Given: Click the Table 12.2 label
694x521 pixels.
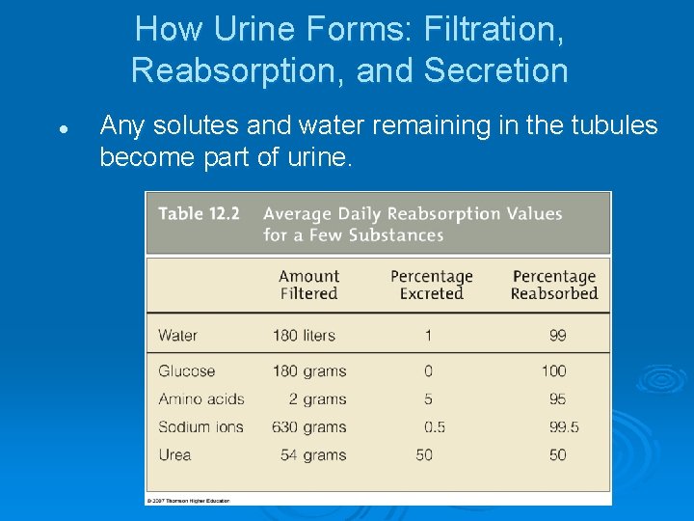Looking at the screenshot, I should tap(199, 213).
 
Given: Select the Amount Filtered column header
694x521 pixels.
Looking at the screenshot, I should tap(308, 285).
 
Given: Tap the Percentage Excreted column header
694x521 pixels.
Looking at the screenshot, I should tap(431, 285).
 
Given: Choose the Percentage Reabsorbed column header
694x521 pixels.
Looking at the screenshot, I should tap(554, 285).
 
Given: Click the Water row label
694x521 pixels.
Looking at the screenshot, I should tap(177, 336).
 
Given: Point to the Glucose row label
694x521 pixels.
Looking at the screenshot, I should tap(186, 370).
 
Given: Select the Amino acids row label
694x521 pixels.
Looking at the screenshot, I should tap(201, 398).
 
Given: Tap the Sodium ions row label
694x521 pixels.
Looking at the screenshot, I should tap(200, 426).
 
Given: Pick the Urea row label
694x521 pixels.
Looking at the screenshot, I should tap(174, 454).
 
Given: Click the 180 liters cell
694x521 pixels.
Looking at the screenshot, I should tap(304, 336).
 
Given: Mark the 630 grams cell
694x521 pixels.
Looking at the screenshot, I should tap(309, 426).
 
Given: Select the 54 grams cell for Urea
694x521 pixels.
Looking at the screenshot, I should tap(313, 454).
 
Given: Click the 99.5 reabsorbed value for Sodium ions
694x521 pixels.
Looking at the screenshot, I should tap(557, 426).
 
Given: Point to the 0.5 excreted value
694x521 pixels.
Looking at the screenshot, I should tap(435, 426).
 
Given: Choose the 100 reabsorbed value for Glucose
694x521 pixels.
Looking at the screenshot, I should tap(553, 370).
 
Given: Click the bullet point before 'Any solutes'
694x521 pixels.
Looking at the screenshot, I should tap(61, 127).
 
